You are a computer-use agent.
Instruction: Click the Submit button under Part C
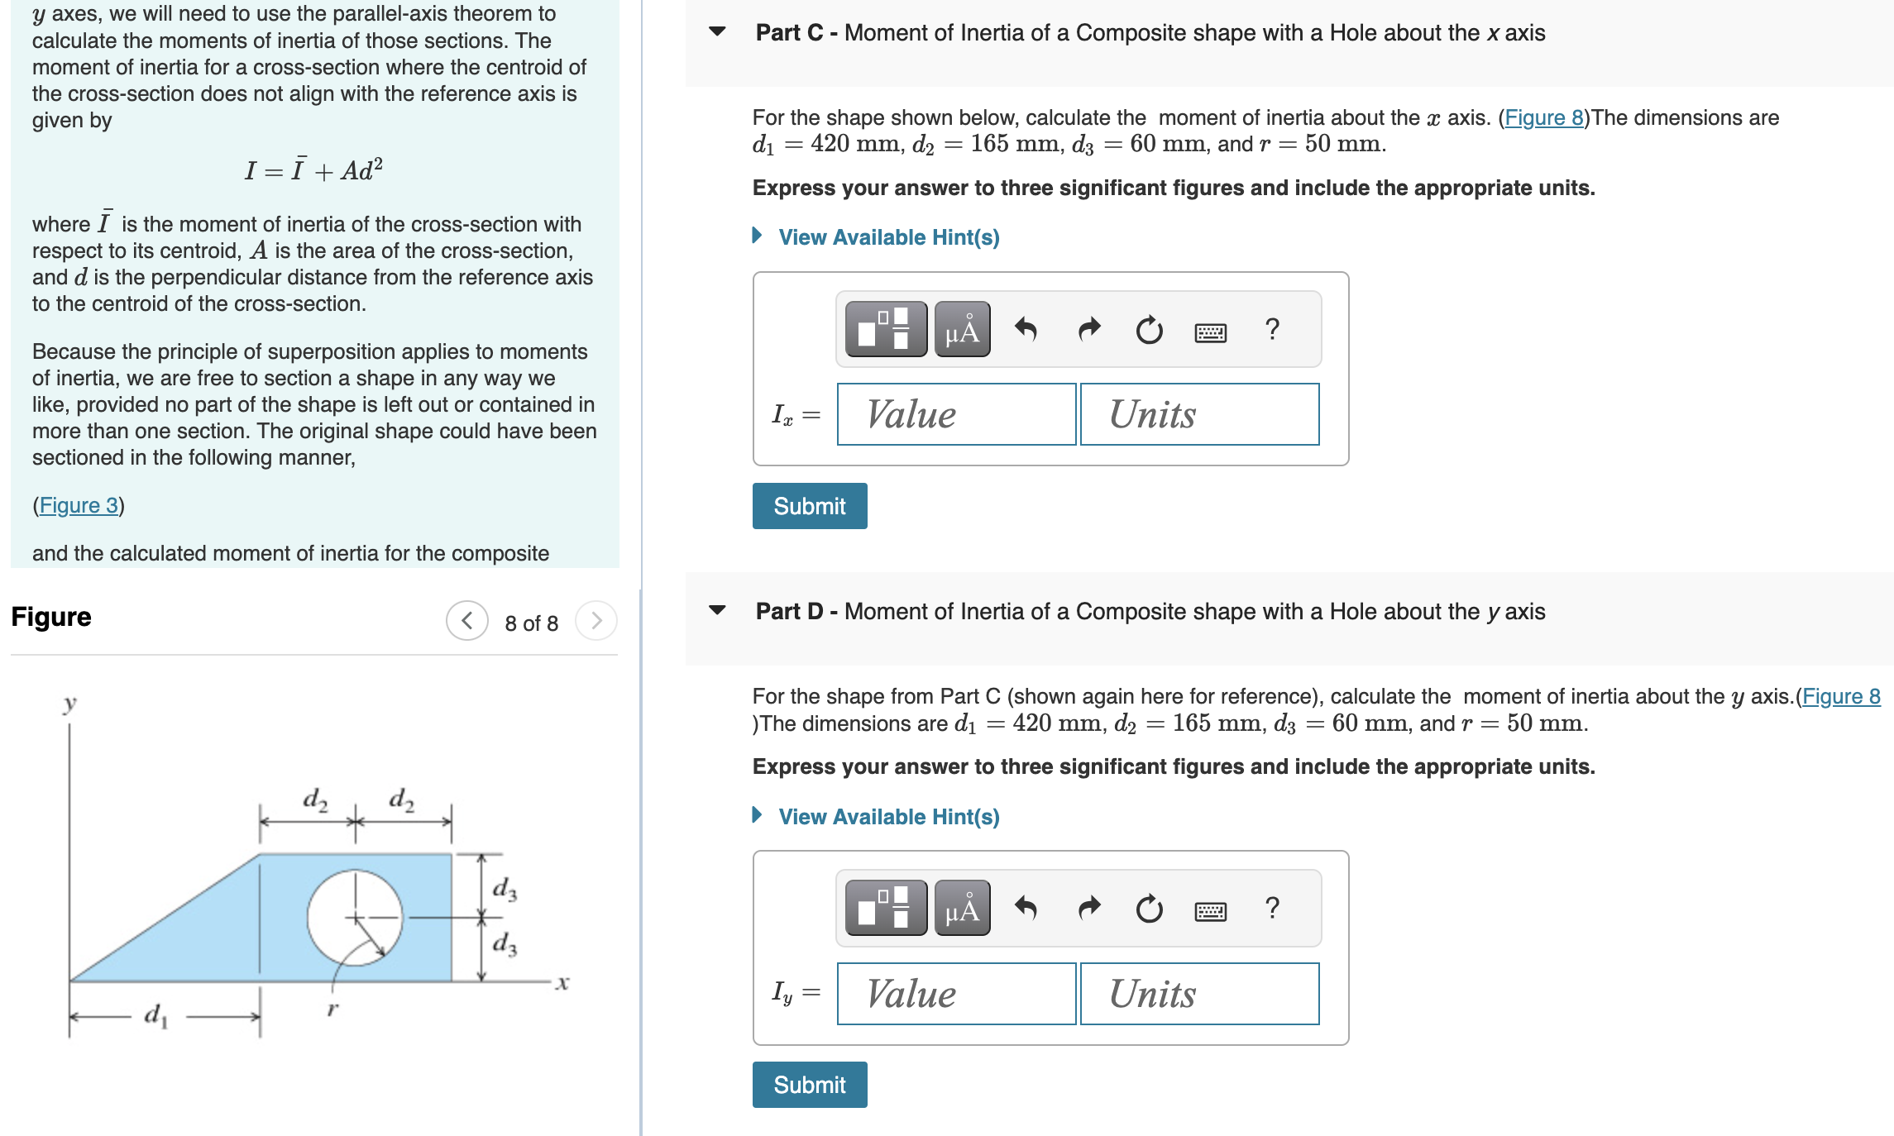tap(809, 506)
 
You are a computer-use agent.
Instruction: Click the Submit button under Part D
tap(809, 1085)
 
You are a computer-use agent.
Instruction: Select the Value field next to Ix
tap(956, 414)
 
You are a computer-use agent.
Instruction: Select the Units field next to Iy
tap(1199, 994)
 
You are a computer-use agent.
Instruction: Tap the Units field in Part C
tap(1199, 414)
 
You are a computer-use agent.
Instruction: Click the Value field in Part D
tap(956, 994)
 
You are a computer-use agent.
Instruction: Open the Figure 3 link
tap(79, 505)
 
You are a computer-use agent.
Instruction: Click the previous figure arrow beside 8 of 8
tap(467, 621)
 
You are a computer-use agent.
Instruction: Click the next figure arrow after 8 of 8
tap(596, 621)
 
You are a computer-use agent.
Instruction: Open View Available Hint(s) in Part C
tap(888, 237)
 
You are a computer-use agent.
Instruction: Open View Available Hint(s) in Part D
tap(888, 817)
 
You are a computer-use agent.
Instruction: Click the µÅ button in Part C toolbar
tap(962, 330)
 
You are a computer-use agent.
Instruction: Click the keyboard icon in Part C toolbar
tap(1210, 332)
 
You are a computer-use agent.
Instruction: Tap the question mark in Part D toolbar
tap(1272, 908)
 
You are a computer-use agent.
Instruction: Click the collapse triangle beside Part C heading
tap(717, 32)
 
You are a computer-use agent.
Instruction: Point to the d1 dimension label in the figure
tap(155, 1014)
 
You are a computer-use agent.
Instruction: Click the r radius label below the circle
tap(332, 1009)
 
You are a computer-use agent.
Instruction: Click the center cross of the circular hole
tap(356, 918)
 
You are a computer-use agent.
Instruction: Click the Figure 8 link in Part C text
tap(1543, 117)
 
